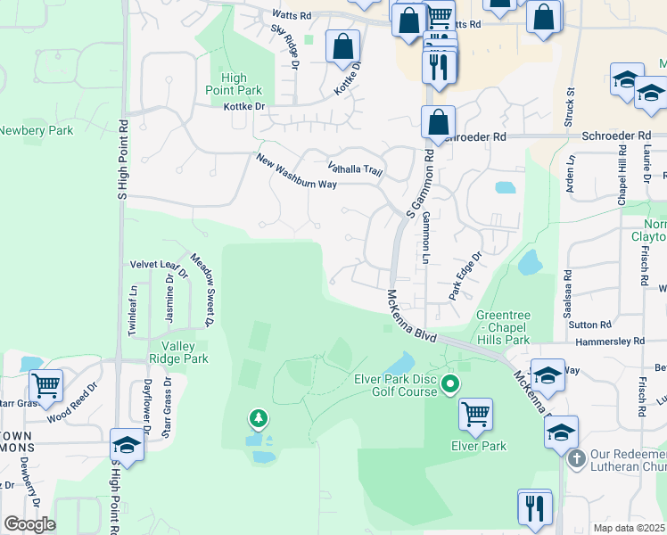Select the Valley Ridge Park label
185,352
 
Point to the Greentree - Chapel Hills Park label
503,327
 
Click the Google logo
29,524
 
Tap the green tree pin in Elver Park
259,416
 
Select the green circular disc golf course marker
450,385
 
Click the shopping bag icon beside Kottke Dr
342,45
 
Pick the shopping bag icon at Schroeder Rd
438,122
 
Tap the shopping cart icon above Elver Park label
476,414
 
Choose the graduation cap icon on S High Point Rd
128,446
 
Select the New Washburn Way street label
296,171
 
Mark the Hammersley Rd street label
610,342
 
